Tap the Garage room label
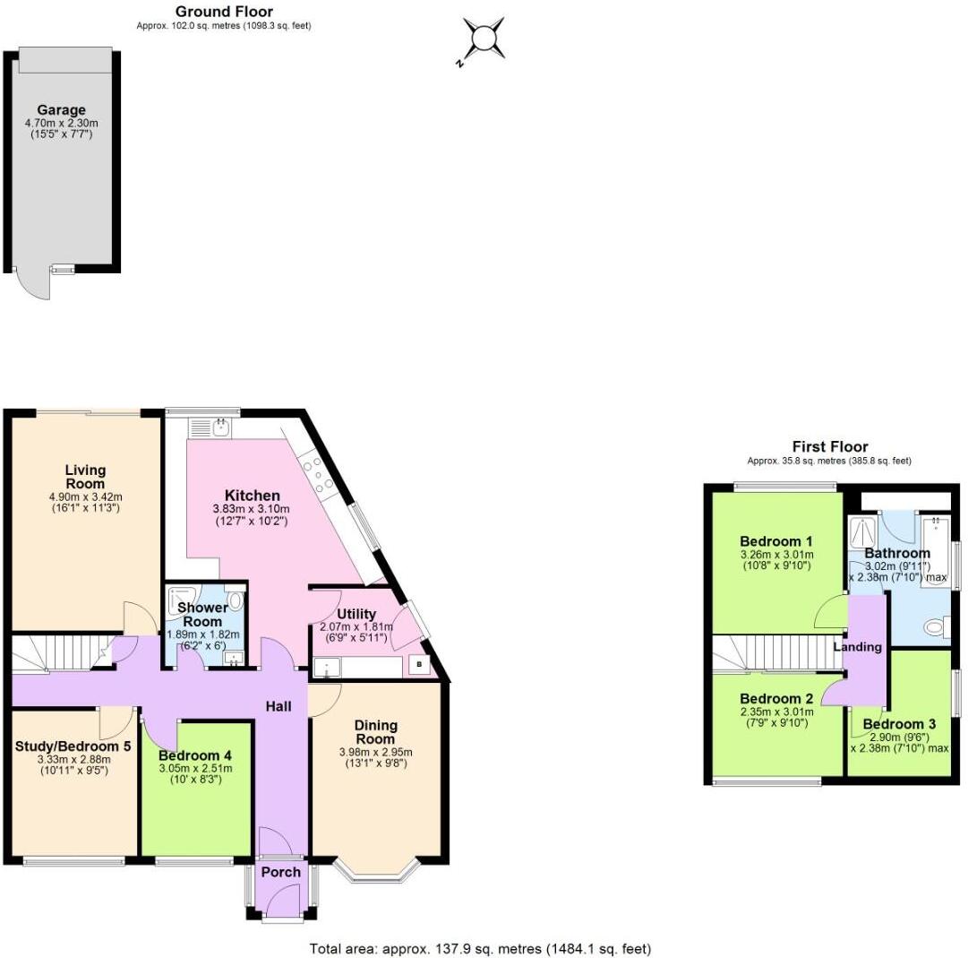click(61, 110)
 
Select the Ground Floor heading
click(224, 12)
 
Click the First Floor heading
click(829, 446)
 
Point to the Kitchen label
click(252, 496)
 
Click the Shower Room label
click(203, 615)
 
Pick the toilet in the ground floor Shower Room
click(236, 600)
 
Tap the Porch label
click(280, 872)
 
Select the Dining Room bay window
click(375, 871)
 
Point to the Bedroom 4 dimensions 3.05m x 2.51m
click(195, 768)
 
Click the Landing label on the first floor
click(857, 646)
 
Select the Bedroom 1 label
click(776, 541)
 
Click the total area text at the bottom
click(480, 948)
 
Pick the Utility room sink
click(327, 666)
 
